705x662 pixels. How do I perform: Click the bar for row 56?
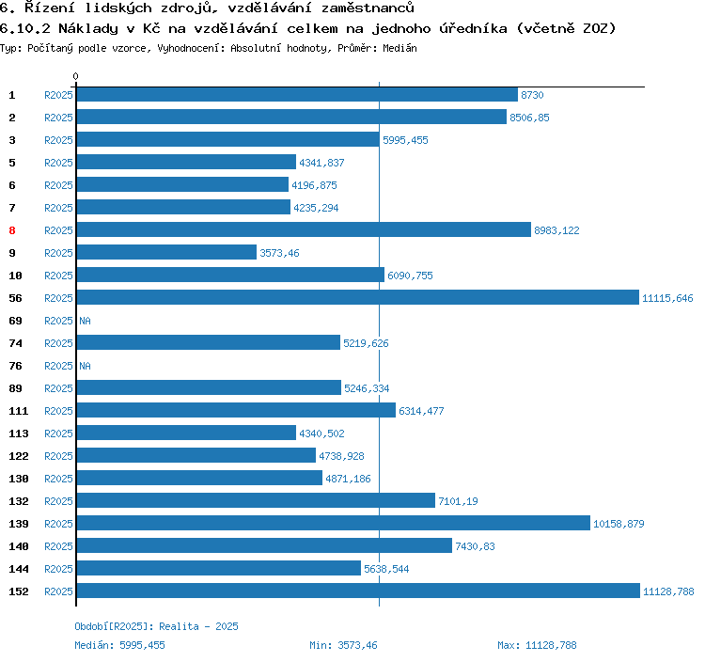pos(357,298)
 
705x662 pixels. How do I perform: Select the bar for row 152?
pos(357,591)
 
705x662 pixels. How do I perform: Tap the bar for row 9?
pos(166,253)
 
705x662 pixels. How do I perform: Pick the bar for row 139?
pos(333,524)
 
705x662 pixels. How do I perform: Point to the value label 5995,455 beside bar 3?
pos(405,140)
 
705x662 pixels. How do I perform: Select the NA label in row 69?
pos(85,321)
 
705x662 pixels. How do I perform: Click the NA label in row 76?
pos(85,366)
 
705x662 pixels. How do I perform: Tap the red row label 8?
pos(12,230)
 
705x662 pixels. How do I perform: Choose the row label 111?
pos(18,411)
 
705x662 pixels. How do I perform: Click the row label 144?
pos(18,569)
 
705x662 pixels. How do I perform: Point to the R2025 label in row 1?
pos(58,95)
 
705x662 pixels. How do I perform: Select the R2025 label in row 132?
pos(58,501)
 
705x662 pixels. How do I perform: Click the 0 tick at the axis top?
pos(76,76)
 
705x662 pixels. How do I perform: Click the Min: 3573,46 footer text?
pos(343,645)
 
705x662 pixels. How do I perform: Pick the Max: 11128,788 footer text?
pos(537,645)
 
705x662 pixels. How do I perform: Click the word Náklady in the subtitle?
pos(86,28)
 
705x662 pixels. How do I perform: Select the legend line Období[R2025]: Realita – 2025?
pos(157,626)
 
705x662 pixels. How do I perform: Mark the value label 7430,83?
pos(475,546)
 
